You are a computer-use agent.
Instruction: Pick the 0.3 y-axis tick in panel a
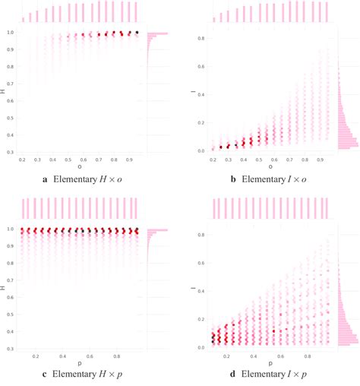(x=10, y=152)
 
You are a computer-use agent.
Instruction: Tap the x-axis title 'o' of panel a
(x=80, y=169)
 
